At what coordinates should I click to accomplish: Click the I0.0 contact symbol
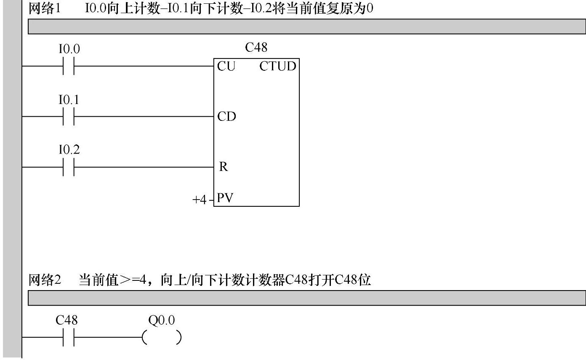69,66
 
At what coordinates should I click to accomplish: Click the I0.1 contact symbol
69,116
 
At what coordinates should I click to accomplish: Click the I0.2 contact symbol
69,167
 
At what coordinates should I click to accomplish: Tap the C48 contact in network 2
69,337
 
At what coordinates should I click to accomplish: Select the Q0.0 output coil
162,338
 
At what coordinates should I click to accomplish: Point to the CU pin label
226,67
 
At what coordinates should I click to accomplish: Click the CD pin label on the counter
226,117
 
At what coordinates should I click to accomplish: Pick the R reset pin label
223,167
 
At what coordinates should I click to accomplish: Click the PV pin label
225,198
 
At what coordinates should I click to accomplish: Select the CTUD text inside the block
278,67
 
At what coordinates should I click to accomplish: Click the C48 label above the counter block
256,48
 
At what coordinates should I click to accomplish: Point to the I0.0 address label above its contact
69,49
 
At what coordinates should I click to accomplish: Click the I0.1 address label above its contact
69,100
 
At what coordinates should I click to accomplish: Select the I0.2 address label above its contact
69,150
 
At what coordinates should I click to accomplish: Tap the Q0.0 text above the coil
162,320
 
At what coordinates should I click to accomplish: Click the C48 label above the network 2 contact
67,320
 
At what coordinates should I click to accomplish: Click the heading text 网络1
44,9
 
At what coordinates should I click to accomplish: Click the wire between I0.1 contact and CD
143,116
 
